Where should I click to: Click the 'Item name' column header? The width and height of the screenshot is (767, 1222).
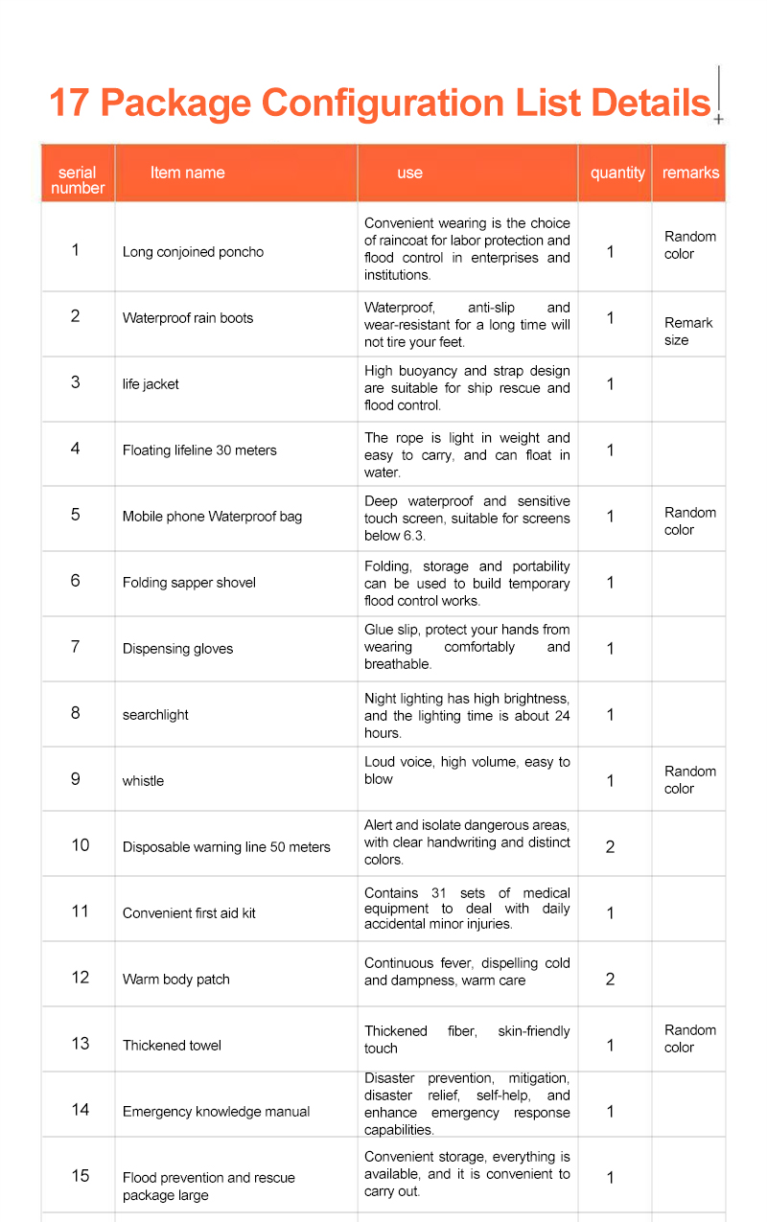click(x=187, y=173)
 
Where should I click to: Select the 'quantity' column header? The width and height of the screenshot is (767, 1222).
click(x=617, y=173)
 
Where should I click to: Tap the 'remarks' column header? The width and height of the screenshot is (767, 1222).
click(x=690, y=173)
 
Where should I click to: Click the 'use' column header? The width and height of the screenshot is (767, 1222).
click(x=409, y=173)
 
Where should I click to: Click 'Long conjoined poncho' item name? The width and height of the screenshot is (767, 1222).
click(x=193, y=252)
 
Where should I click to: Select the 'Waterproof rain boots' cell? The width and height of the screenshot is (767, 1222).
click(x=188, y=318)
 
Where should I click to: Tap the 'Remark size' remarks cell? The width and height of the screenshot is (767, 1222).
click(x=687, y=332)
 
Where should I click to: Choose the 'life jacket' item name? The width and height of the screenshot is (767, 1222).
click(x=151, y=384)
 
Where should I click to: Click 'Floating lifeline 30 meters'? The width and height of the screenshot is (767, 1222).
click(x=199, y=450)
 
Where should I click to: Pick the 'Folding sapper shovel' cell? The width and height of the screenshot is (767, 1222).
click(x=189, y=583)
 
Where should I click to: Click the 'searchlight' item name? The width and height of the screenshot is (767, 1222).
click(x=155, y=715)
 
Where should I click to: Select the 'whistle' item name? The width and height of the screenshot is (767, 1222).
click(x=143, y=781)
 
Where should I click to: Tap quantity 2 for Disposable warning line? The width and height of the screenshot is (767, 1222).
click(x=611, y=847)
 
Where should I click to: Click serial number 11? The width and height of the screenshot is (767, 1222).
click(x=80, y=911)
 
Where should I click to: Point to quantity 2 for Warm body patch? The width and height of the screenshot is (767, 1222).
click(x=611, y=980)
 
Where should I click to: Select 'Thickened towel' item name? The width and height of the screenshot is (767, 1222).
click(x=172, y=1046)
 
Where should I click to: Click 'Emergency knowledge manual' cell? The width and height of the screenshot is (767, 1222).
click(x=216, y=1112)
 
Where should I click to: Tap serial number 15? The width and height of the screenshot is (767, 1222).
click(x=80, y=1176)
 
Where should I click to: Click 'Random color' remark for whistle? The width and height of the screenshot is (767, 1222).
click(x=689, y=780)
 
